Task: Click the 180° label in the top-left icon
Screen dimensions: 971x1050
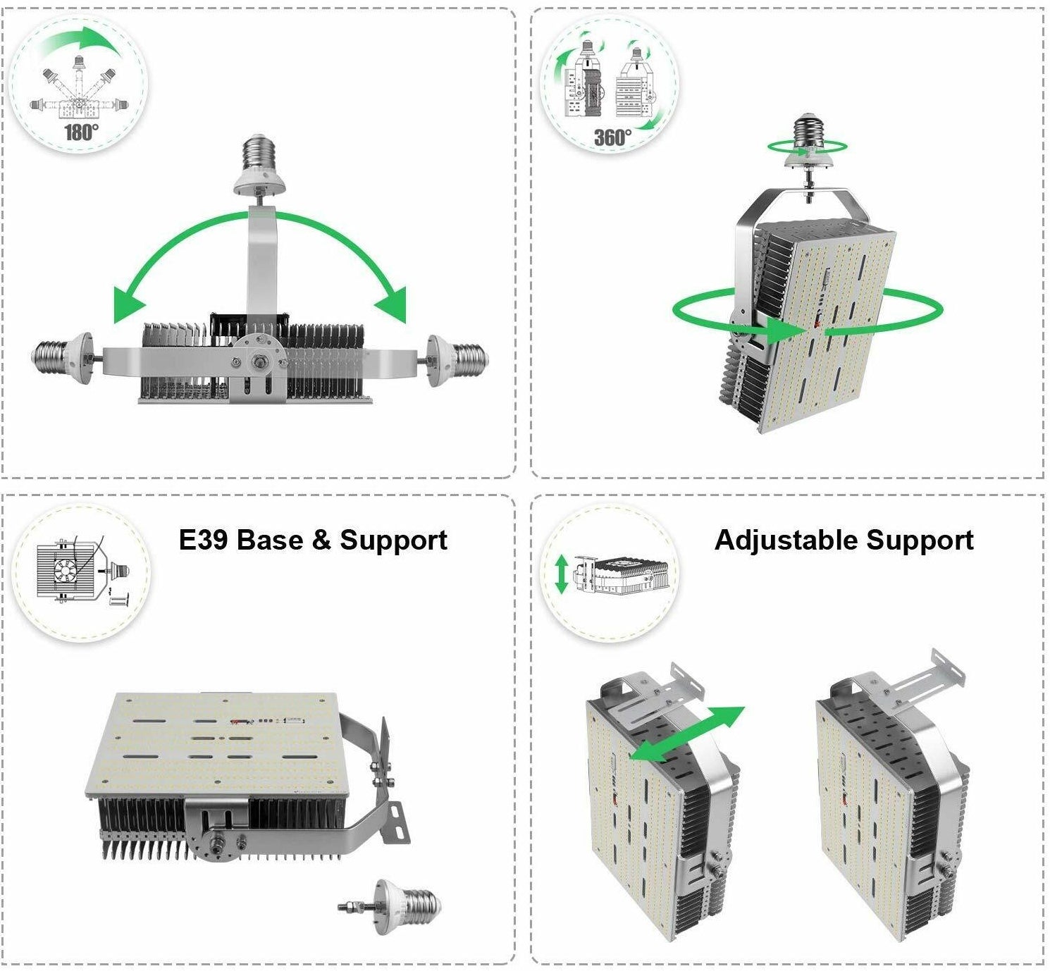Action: coord(80,132)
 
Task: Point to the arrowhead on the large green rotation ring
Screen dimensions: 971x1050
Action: coord(785,330)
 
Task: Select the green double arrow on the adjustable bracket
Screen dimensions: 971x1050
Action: coord(686,733)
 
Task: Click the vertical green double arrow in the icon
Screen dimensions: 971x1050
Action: coord(561,574)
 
